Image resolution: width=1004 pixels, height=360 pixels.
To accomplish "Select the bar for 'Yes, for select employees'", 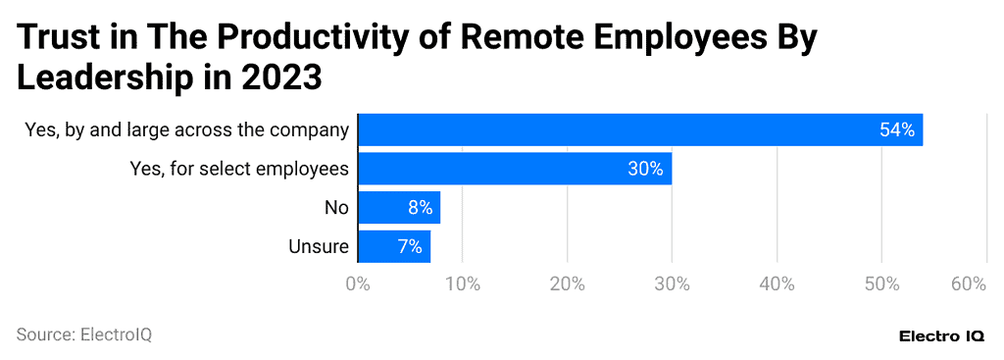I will click(514, 169).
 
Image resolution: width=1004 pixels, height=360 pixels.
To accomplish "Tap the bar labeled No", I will click(398, 208).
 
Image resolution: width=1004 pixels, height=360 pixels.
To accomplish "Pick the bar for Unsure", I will click(393, 246).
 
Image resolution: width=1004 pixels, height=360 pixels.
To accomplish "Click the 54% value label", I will click(896, 129).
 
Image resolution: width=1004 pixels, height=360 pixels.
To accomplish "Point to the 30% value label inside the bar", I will click(645, 169).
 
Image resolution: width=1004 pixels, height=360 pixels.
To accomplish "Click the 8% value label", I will click(420, 208).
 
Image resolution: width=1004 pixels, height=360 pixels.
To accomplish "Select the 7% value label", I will click(410, 246).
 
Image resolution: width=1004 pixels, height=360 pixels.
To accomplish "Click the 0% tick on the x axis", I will click(358, 284).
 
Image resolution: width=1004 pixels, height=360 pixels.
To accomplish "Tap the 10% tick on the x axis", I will click(463, 284).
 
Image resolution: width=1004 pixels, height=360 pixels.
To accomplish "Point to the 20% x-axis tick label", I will click(567, 284).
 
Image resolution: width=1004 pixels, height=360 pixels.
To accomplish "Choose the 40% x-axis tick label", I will click(777, 284).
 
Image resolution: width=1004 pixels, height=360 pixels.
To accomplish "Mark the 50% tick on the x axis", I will click(881, 284).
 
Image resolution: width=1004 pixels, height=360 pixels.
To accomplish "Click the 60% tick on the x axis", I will click(968, 284).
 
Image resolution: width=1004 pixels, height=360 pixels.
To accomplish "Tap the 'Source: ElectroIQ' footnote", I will click(84, 334).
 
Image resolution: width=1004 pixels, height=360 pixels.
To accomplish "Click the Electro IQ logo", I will click(942, 335).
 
